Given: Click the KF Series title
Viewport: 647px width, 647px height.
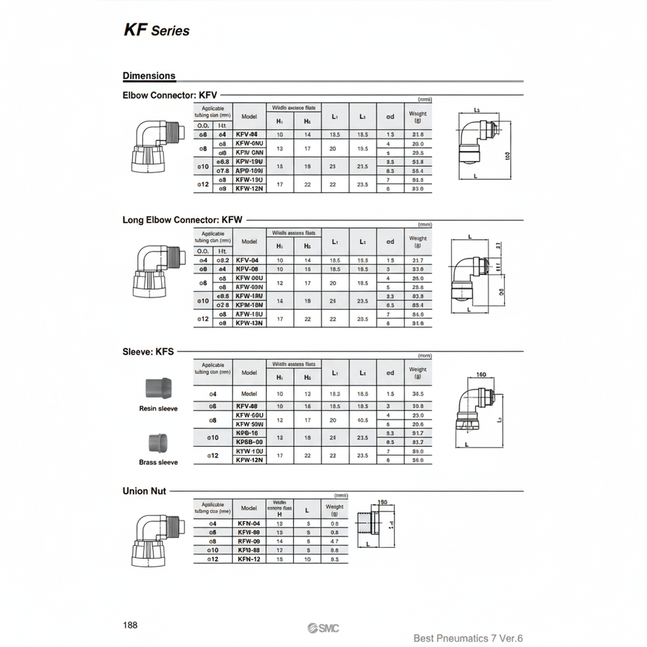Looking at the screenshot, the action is tap(156, 30).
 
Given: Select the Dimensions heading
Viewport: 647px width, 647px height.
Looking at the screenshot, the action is tap(149, 76).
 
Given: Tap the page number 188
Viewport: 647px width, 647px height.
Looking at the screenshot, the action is tap(130, 625).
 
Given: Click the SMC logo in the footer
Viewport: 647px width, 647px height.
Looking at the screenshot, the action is tap(323, 628).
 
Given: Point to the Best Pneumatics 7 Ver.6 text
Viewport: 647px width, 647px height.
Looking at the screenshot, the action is tap(468, 638).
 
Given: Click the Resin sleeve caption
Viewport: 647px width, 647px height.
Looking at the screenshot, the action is tap(158, 408).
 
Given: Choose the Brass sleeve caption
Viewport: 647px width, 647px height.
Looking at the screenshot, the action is tap(158, 462).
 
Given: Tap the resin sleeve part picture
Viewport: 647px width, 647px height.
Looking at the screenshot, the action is tap(158, 389).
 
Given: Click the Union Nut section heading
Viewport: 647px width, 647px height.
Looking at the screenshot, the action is tap(144, 491).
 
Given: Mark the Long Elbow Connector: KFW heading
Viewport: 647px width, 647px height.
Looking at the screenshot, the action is tap(182, 220).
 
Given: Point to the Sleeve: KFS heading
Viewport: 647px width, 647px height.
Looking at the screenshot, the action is tap(148, 351).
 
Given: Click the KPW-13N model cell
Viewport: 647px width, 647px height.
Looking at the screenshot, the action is tap(249, 323).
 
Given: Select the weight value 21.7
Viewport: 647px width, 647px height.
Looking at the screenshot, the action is tap(417, 260).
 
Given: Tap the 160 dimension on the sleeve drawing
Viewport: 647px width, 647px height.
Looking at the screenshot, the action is tap(481, 375).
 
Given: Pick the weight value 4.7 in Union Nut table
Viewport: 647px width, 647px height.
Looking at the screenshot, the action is tap(334, 541).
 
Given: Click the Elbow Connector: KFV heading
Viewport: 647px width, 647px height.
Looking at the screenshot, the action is tap(170, 96).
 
